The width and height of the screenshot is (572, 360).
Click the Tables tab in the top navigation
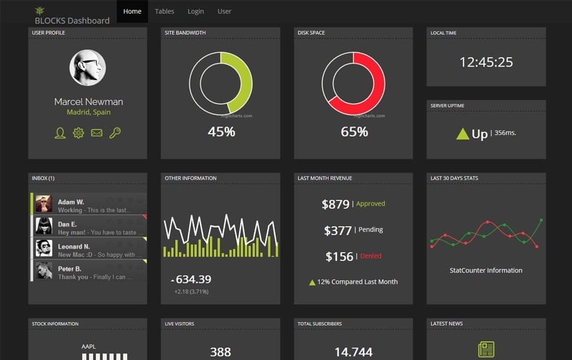click(164, 11)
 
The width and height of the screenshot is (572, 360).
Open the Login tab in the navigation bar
click(195, 11)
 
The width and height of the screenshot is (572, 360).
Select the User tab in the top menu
click(224, 11)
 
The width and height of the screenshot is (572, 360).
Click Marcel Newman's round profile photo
click(88, 67)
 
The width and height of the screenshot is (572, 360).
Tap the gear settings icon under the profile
click(78, 133)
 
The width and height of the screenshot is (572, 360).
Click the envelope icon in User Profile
click(97, 133)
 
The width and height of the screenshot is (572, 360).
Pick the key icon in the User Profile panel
click(115, 133)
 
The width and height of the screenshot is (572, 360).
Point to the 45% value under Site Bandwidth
click(221, 131)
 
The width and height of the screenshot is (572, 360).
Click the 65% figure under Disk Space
click(354, 131)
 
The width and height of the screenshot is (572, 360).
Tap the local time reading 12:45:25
click(486, 62)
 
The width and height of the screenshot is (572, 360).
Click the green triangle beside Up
click(462, 134)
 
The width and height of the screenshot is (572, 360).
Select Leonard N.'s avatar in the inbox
click(44, 248)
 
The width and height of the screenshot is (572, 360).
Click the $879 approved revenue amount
click(335, 204)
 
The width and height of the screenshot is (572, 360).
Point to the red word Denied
click(371, 256)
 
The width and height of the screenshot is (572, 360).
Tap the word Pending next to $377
click(371, 230)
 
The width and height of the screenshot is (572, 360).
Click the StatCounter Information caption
click(486, 271)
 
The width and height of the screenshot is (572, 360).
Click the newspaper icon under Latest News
click(486, 350)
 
